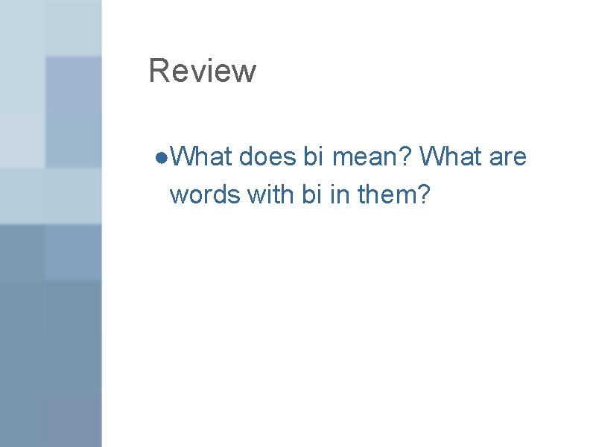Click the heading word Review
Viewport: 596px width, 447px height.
[x=202, y=72]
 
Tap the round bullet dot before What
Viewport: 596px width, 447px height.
[x=162, y=158]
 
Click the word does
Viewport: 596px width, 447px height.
[x=267, y=157]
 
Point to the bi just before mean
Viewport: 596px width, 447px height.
[x=314, y=157]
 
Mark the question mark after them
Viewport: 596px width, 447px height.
[x=425, y=194]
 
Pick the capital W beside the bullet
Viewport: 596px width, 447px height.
[x=182, y=157]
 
